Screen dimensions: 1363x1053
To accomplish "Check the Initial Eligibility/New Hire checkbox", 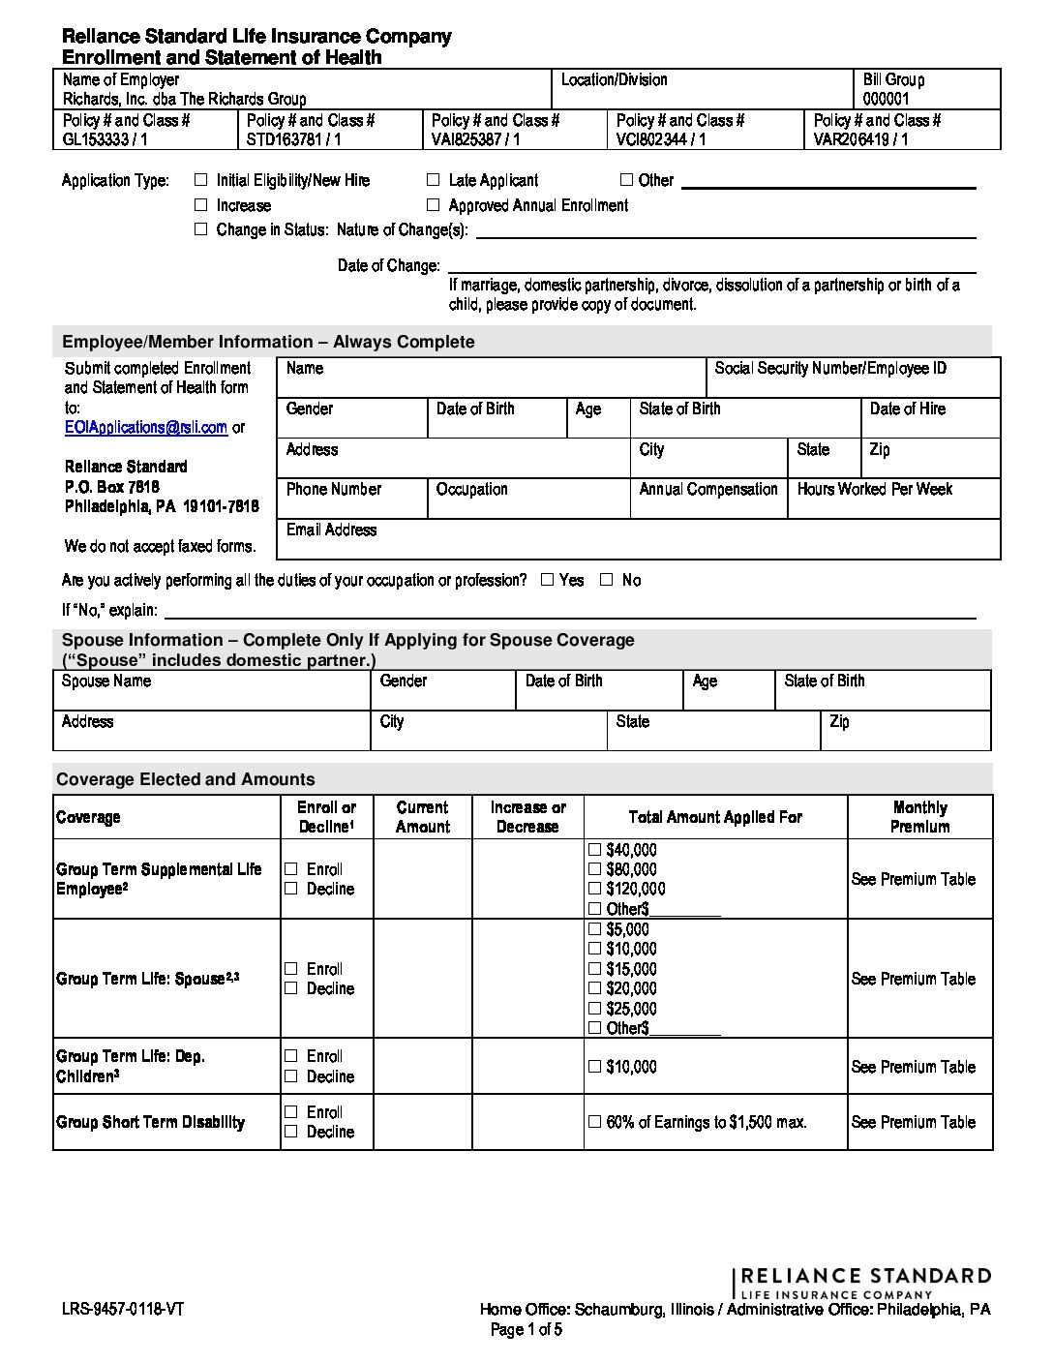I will point(201,180).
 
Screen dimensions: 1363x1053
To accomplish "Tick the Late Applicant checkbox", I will point(433,180).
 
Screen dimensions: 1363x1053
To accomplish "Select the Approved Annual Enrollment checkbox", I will point(433,205).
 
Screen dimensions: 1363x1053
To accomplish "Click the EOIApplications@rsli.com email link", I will point(145,427).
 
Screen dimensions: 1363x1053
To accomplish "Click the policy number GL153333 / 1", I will point(105,139).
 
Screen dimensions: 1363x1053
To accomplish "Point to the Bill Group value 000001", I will point(886,99).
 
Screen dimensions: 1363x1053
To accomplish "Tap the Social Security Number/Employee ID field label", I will point(829,369).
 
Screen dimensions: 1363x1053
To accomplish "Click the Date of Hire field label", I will point(907,409).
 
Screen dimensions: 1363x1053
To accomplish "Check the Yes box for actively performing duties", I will point(547,580).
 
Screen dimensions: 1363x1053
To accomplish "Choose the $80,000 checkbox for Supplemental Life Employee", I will point(594,869).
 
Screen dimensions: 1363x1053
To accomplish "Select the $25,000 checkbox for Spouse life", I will point(594,1009).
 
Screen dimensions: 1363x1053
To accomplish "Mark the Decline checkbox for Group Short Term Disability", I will point(291,1132).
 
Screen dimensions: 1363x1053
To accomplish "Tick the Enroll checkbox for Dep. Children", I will point(291,1056).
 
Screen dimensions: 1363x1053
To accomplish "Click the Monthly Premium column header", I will point(919,817).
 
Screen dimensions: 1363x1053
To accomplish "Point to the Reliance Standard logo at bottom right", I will point(863,1282).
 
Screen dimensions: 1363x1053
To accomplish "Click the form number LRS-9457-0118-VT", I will point(123,1310).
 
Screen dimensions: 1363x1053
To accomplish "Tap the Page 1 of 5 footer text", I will point(526,1330).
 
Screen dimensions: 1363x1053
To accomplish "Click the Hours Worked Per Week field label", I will point(874,490).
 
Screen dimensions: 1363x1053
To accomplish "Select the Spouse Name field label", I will point(106,681).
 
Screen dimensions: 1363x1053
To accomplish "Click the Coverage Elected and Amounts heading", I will point(185,779).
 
